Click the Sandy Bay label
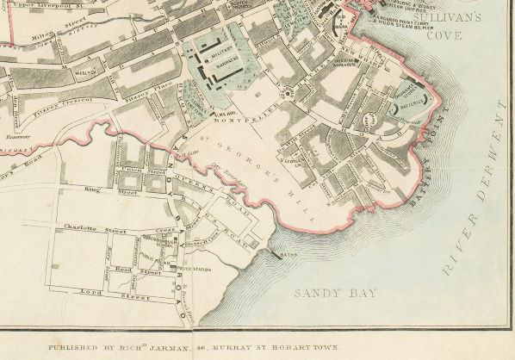[336, 294]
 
